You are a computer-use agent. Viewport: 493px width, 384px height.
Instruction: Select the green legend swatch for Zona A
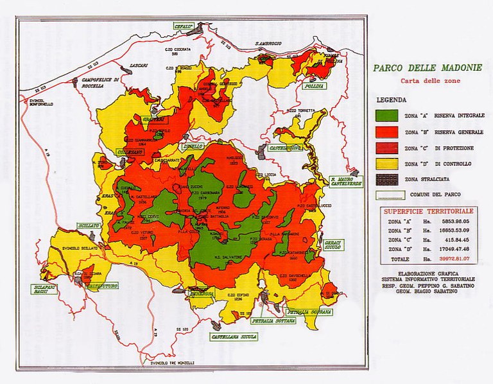tap(387, 116)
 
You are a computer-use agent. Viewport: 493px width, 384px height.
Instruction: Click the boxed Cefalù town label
tap(183, 26)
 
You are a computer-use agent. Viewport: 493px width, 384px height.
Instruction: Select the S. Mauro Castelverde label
tap(346, 181)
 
